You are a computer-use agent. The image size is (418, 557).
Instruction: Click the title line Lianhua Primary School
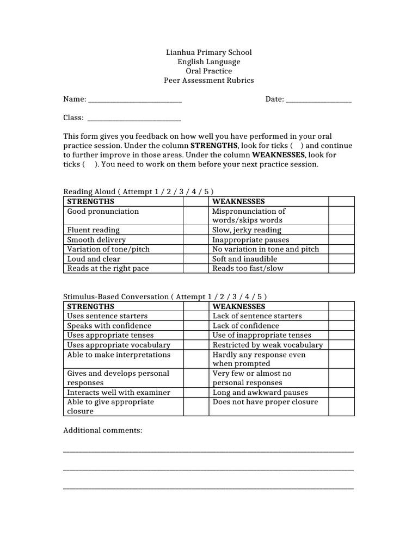tap(209, 53)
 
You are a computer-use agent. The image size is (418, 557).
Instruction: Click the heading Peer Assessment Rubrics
tap(209, 81)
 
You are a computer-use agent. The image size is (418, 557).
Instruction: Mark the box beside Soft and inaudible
tap(341, 259)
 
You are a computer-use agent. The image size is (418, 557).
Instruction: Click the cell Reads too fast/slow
tap(248, 268)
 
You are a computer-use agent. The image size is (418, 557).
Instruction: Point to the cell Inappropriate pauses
tap(250, 240)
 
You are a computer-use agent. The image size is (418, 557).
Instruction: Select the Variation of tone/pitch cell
tap(108, 249)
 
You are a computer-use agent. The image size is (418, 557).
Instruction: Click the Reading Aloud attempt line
tap(139, 191)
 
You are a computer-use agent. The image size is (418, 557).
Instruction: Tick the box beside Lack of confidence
tap(341, 326)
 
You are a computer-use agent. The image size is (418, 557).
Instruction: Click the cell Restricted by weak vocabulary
tap(267, 345)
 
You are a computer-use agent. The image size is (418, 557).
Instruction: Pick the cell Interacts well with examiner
tap(118, 392)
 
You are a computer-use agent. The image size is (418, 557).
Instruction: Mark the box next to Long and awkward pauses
tap(341, 392)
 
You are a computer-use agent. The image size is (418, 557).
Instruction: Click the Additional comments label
tap(103, 430)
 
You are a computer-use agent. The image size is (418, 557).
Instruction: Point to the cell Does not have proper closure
tap(265, 402)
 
